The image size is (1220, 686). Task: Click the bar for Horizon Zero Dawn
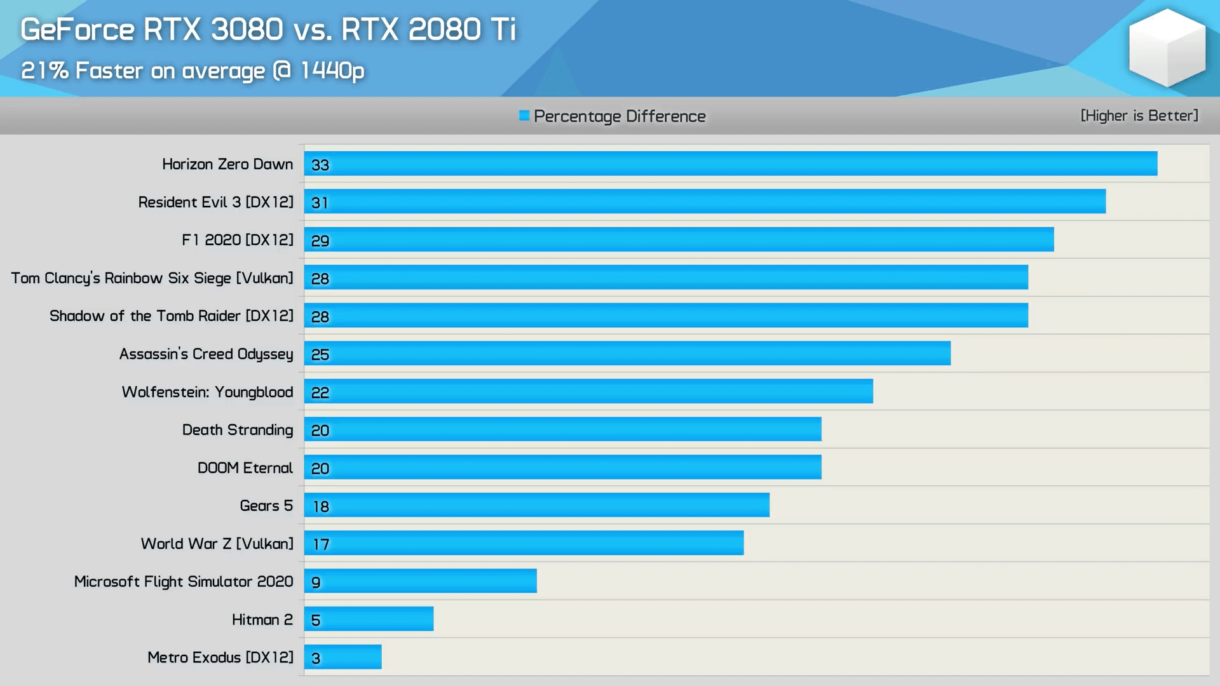[731, 163]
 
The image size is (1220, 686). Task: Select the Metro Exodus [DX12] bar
[343, 657]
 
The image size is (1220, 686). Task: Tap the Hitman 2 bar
[369, 619]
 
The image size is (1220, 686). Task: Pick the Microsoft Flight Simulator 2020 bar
[421, 581]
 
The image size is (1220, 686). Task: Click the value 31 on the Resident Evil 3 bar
[320, 203]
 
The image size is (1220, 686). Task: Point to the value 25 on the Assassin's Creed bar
[320, 354]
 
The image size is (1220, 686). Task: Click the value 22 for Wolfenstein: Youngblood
[320, 393]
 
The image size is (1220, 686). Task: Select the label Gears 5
[266, 506]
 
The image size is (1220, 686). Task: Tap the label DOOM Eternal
[245, 468]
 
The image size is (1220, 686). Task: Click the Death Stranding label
[238, 430]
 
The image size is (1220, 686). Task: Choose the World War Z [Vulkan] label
[217, 544]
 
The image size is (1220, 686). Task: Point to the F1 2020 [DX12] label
[238, 240]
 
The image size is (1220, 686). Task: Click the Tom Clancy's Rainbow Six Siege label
[152, 278]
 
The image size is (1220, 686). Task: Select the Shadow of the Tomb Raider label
[172, 316]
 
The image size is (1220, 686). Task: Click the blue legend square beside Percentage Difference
[524, 116]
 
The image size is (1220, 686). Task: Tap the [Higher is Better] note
[1139, 116]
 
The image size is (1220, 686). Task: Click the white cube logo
[1167, 48]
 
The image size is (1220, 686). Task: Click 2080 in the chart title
[444, 29]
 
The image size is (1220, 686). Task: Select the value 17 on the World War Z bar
[321, 544]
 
